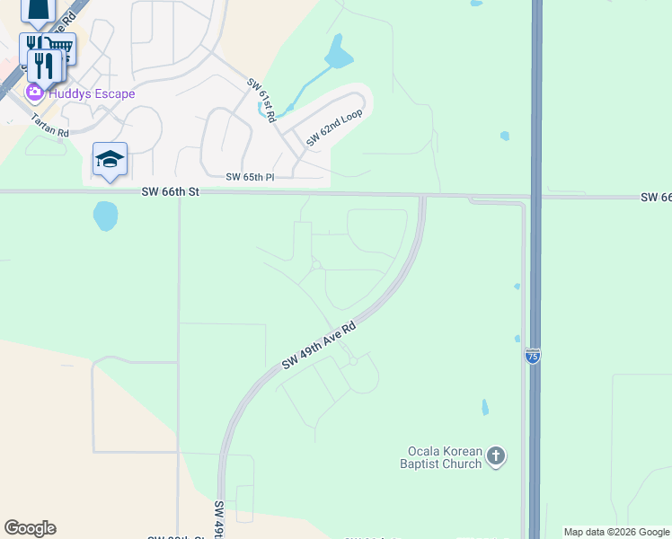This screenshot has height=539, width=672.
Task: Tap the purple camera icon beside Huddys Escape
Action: point(35,92)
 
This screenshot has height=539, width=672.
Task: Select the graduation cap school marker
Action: point(110,159)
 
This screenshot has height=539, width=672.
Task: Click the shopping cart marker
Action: point(61,46)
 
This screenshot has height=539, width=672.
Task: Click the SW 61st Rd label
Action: point(261,95)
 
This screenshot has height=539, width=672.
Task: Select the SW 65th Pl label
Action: point(250,178)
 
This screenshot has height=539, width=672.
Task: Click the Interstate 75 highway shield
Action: point(533,356)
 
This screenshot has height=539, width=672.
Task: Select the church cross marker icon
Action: point(497,456)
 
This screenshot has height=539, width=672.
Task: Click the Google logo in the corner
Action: point(30,528)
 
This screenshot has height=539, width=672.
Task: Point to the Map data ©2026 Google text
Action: point(616,532)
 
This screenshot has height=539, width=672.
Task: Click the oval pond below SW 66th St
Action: point(105,216)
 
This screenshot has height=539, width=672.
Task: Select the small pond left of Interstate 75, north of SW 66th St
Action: point(505,137)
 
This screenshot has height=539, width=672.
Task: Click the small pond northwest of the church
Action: point(485,407)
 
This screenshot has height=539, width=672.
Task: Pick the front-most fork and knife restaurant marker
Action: point(43,64)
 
